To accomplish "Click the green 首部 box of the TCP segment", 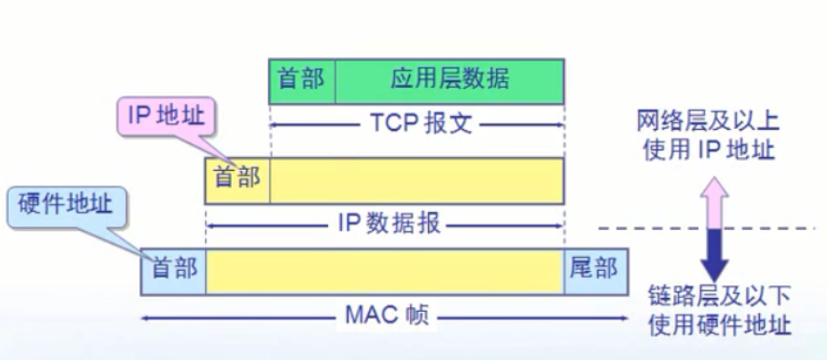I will (303, 80).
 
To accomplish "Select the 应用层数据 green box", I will (450, 80).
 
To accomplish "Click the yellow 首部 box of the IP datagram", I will (237, 177).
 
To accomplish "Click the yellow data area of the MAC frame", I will (384, 271).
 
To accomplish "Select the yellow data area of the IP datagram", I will (416, 177).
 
